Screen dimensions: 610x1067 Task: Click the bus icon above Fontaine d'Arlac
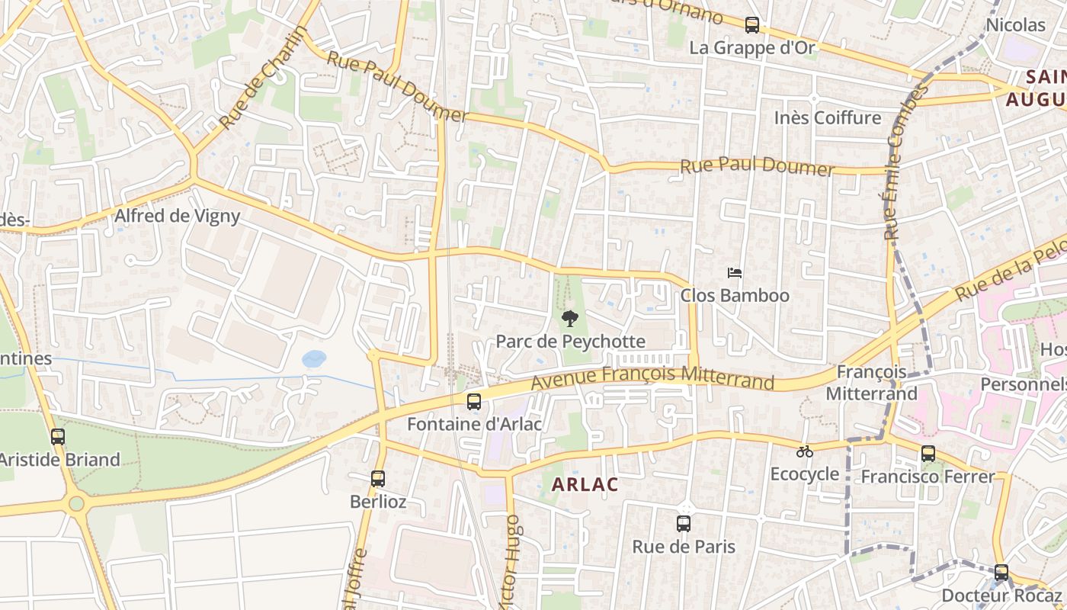474,401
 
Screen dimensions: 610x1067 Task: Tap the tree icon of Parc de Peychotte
569,319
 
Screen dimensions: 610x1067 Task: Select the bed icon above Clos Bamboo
735,273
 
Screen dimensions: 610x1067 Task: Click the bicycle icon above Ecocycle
805,451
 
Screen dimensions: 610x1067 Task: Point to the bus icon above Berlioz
378,479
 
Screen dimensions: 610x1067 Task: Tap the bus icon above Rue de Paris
684,524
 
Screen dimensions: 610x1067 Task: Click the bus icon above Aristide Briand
58,437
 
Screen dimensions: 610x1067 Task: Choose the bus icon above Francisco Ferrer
928,454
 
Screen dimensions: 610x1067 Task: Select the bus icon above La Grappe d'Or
752,25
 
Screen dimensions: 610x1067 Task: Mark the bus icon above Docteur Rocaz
1001,573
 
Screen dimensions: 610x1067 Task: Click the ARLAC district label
585,484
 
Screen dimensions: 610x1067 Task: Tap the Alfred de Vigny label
177,216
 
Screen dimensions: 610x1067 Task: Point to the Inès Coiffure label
827,117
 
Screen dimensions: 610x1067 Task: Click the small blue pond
314,358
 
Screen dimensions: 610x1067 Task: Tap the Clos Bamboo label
735,295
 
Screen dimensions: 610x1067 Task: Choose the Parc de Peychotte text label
570,341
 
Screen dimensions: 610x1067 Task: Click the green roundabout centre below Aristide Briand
76,503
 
